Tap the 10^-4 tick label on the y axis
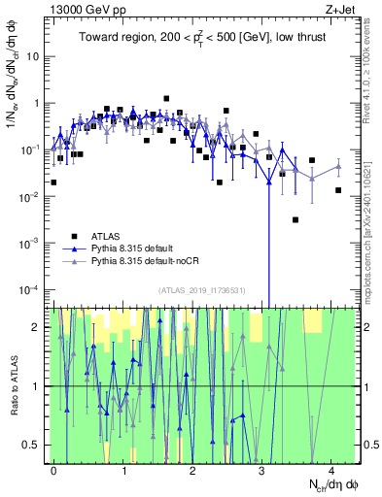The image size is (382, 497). point(30,289)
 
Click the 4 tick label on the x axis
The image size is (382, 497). point(331,469)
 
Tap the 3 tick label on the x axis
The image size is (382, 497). point(262,469)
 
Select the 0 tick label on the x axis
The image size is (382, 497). point(53,469)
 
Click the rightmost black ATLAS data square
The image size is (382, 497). point(338,190)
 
